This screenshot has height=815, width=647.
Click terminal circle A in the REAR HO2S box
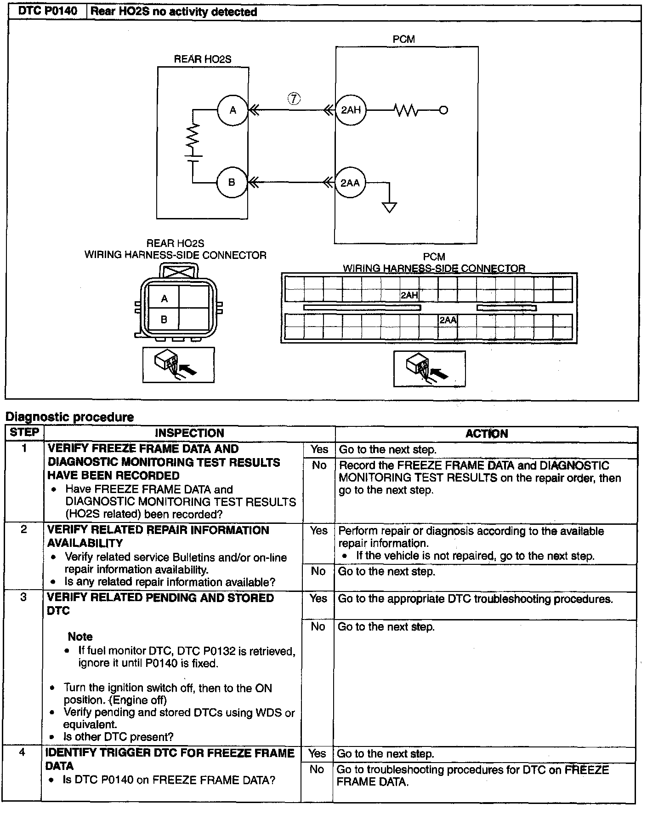[233, 110]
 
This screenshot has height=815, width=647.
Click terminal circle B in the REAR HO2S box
[232, 183]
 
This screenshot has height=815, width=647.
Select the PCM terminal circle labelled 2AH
[351, 110]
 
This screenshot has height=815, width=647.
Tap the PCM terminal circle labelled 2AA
[350, 183]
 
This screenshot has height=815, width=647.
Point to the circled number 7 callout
[294, 98]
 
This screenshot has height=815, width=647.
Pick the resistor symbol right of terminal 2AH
[406, 110]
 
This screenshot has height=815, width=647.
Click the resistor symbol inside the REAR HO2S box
[193, 136]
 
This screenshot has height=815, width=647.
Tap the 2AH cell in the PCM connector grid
[409, 295]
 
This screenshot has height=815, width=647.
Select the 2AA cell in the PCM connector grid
[448, 320]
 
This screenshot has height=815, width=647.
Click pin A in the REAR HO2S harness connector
[164, 299]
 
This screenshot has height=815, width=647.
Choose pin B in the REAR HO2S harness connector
[164, 319]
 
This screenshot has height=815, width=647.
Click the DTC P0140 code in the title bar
[48, 11]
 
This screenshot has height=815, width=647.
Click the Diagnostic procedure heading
[70, 417]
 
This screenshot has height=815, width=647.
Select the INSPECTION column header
[189, 433]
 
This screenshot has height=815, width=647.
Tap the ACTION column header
[486, 434]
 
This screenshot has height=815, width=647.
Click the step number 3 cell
[23, 597]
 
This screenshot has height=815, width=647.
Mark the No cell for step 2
[318, 571]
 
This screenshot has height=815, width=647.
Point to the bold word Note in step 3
[80, 637]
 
